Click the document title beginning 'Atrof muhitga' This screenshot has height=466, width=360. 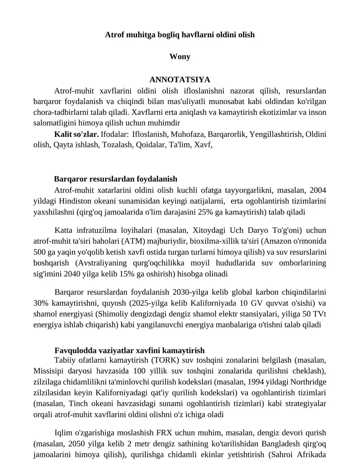[x=180, y=35]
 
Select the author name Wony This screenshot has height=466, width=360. [x=180, y=57]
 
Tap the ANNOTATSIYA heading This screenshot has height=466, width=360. [x=180, y=80]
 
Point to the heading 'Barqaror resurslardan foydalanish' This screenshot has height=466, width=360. [x=116, y=179]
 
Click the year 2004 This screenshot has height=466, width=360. [x=318, y=190]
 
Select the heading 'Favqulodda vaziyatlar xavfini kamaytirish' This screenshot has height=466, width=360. [x=130, y=350]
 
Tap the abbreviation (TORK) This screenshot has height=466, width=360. [x=166, y=360]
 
